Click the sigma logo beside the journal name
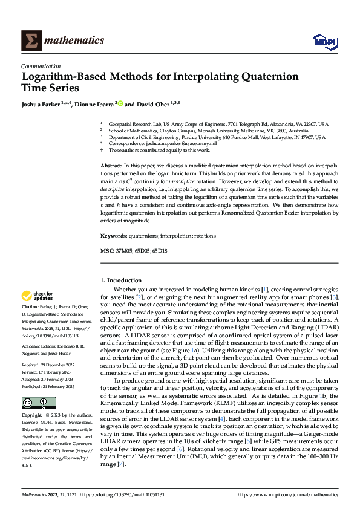pyautogui.click(x=31, y=40)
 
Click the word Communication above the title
pyautogui.click(x=41, y=66)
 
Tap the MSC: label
pyautogui.click(x=106, y=250)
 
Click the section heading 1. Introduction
pyautogui.click(x=121, y=280)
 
